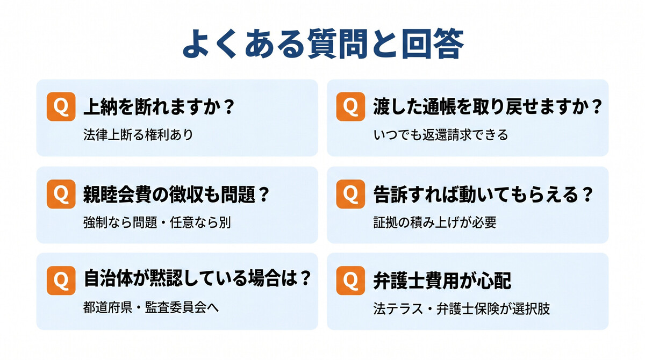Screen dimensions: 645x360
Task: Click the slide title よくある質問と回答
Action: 323,44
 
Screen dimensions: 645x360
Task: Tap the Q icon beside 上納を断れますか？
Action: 61,106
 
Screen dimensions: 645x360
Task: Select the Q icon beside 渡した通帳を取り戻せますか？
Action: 350,106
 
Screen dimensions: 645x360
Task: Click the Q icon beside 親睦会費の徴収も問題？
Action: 61,194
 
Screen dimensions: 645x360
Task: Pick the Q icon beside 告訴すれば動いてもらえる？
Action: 350,194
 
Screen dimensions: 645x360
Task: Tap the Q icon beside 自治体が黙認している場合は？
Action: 61,280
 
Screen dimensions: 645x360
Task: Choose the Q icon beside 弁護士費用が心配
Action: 350,280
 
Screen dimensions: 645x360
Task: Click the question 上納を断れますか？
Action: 159,107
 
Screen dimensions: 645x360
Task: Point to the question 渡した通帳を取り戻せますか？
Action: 488,107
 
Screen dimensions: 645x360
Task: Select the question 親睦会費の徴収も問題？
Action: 176,195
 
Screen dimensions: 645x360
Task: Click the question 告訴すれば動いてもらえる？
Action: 483,195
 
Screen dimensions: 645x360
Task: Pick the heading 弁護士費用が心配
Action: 442,280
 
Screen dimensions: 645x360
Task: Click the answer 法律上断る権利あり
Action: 138,135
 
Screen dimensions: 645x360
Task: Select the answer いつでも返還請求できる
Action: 441,135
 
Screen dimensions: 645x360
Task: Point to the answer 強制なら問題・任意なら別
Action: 157,222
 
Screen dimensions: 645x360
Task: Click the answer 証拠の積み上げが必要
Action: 435,222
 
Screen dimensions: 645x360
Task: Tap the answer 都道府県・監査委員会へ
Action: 151,307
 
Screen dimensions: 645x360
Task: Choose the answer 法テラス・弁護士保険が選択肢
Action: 462,308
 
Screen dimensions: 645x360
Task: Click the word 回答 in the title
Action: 433,44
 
